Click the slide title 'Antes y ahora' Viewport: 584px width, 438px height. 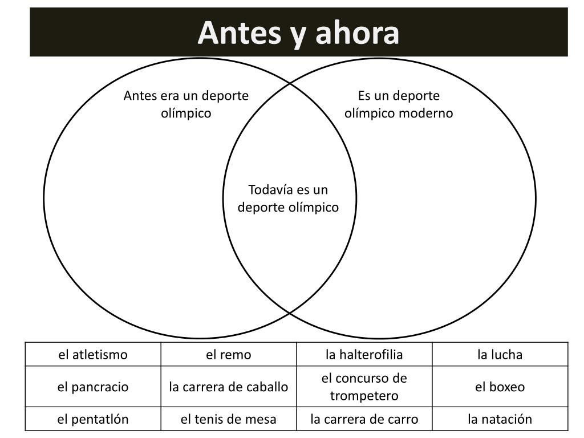pyautogui.click(x=298, y=33)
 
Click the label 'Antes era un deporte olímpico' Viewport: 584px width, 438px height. pyautogui.click(x=186, y=104)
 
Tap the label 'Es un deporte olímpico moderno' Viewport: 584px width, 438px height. pyautogui.click(x=399, y=104)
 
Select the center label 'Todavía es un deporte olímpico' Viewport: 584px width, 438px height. pyautogui.click(x=288, y=198)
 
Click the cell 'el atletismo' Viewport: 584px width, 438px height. pyautogui.click(x=93, y=355)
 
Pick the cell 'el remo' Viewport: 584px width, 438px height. pyautogui.click(x=229, y=355)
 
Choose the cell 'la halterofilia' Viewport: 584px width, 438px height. pyautogui.click(x=364, y=355)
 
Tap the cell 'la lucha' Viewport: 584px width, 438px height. pyautogui.click(x=500, y=355)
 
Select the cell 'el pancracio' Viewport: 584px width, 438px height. pyautogui.click(x=93, y=387)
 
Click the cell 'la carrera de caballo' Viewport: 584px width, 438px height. pyautogui.click(x=229, y=387)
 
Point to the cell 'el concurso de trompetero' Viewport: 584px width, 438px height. pyautogui.click(x=364, y=387)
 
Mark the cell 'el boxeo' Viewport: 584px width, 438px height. pyautogui.click(x=500, y=387)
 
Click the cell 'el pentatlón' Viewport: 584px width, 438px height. pyautogui.click(x=93, y=419)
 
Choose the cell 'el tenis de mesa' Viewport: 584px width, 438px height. pyautogui.click(x=229, y=419)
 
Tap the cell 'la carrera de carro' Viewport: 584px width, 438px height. pyautogui.click(x=364, y=419)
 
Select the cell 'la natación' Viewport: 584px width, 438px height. pyautogui.click(x=500, y=419)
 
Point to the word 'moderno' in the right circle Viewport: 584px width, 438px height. pyautogui.click(x=425, y=113)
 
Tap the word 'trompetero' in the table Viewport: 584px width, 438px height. pyautogui.click(x=364, y=395)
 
